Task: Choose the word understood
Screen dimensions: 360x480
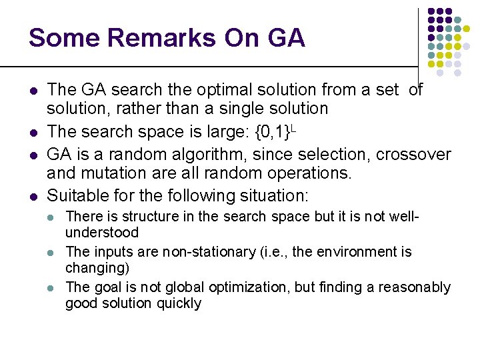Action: click(x=102, y=233)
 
